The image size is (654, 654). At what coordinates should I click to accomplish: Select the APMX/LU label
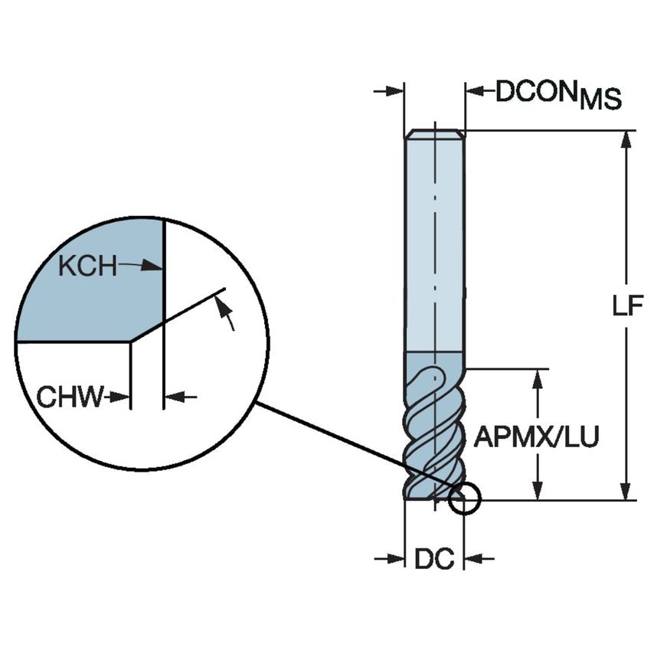click(536, 437)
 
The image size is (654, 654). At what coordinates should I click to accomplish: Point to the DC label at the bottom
click(434, 560)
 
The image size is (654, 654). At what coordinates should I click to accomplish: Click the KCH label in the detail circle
click(87, 267)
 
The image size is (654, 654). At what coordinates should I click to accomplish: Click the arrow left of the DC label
click(390, 559)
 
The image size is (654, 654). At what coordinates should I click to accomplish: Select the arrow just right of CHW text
click(118, 397)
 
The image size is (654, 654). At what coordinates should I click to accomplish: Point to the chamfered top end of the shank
click(434, 135)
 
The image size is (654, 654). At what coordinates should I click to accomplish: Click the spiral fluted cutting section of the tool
click(434, 429)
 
